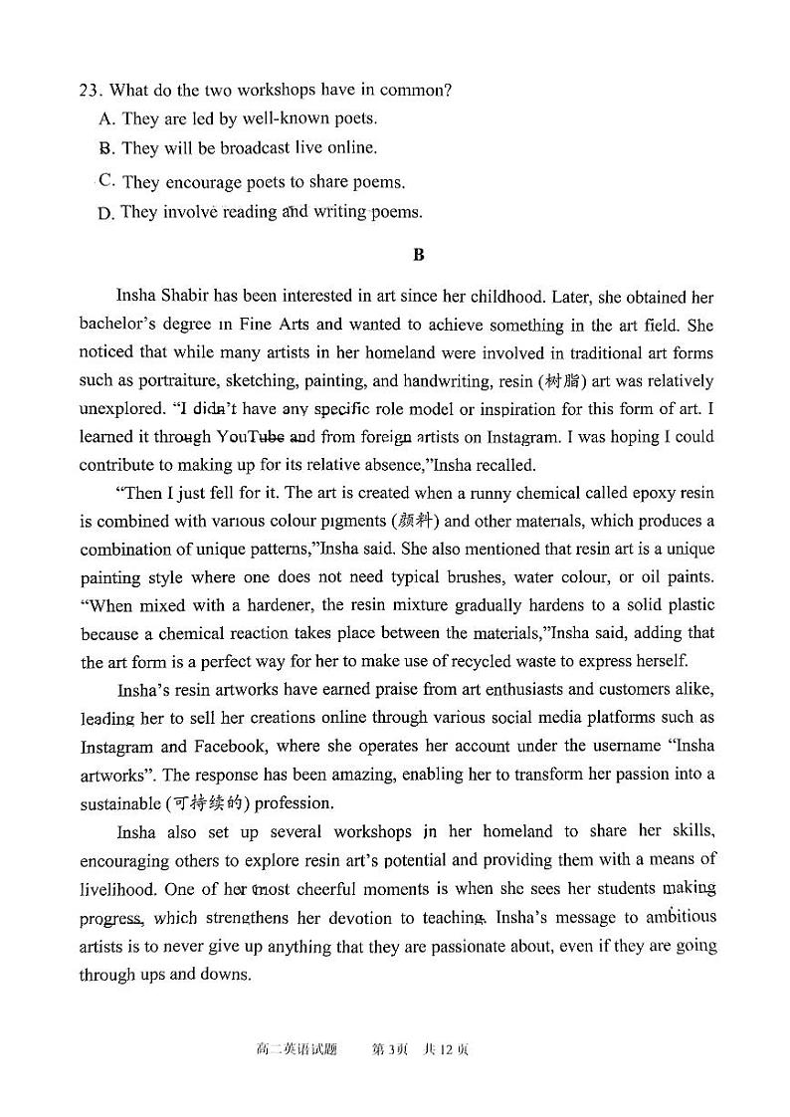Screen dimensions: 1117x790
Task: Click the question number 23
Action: pos(90,90)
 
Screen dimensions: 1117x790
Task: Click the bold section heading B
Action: pos(418,255)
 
